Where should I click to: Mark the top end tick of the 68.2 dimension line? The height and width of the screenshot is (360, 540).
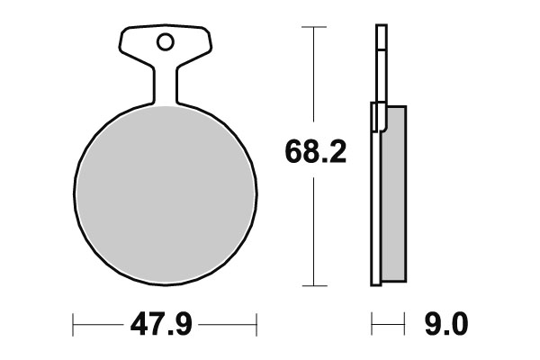[312, 28]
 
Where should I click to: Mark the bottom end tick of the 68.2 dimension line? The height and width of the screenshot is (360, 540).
[312, 287]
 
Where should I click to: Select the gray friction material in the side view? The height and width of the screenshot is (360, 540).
[394, 193]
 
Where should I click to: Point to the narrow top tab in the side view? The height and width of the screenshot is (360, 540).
[380, 63]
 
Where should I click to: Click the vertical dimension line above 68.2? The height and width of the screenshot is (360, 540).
[312, 81]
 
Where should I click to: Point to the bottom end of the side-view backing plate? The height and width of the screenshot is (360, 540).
[376, 283]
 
